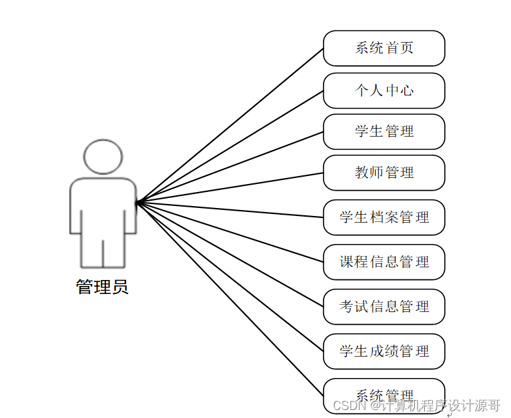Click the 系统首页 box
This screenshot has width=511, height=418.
[384, 48]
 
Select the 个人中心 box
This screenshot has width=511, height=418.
[384, 90]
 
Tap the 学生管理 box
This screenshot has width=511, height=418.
[384, 131]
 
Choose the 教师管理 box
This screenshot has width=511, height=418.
[384, 173]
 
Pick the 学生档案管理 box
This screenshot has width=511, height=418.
[384, 217]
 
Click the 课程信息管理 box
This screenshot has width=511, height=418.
[384, 262]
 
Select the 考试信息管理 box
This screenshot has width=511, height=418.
[384, 307]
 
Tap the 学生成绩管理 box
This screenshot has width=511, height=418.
[384, 351]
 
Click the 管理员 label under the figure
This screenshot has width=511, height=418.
[102, 287]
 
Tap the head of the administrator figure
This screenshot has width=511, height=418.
[103, 157]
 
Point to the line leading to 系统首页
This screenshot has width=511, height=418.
[230, 125]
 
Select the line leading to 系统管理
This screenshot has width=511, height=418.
[230, 298]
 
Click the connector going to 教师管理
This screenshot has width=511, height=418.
[230, 187]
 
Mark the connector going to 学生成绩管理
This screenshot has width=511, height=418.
[230, 277]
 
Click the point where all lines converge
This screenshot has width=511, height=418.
[137, 201]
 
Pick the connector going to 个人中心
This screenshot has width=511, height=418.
[230, 146]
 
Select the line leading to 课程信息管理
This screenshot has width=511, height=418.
[230, 232]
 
